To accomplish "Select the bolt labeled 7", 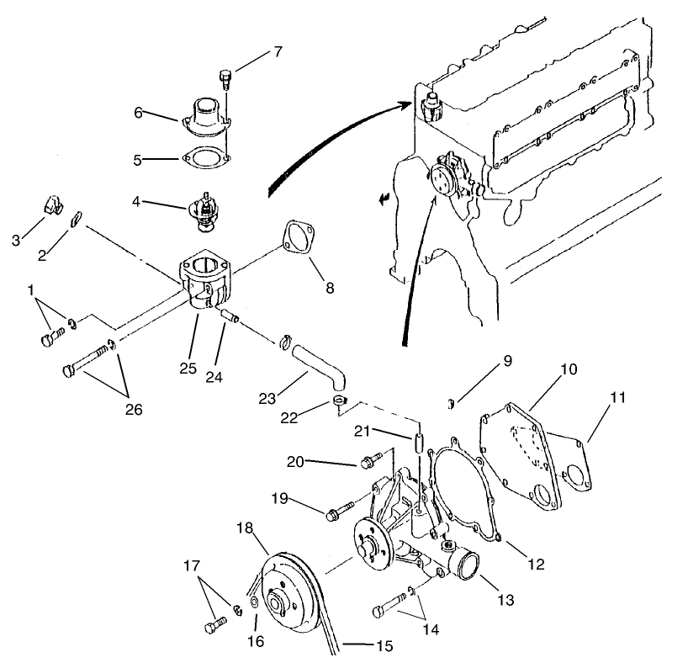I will click(225, 81).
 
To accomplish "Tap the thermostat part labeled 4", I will click(204, 210).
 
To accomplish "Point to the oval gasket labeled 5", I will click(203, 157).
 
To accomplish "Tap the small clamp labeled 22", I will click(337, 400).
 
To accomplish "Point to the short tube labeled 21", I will click(417, 443).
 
